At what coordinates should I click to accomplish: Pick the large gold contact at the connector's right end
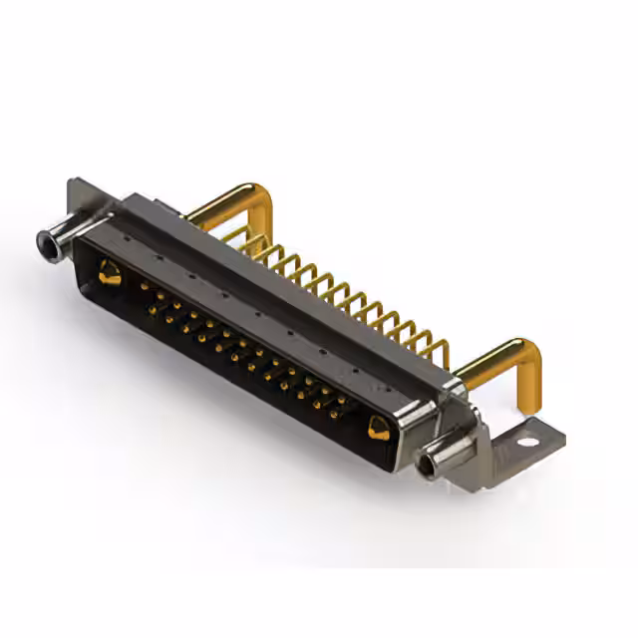[378, 429]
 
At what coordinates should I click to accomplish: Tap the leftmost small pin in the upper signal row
[146, 285]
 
